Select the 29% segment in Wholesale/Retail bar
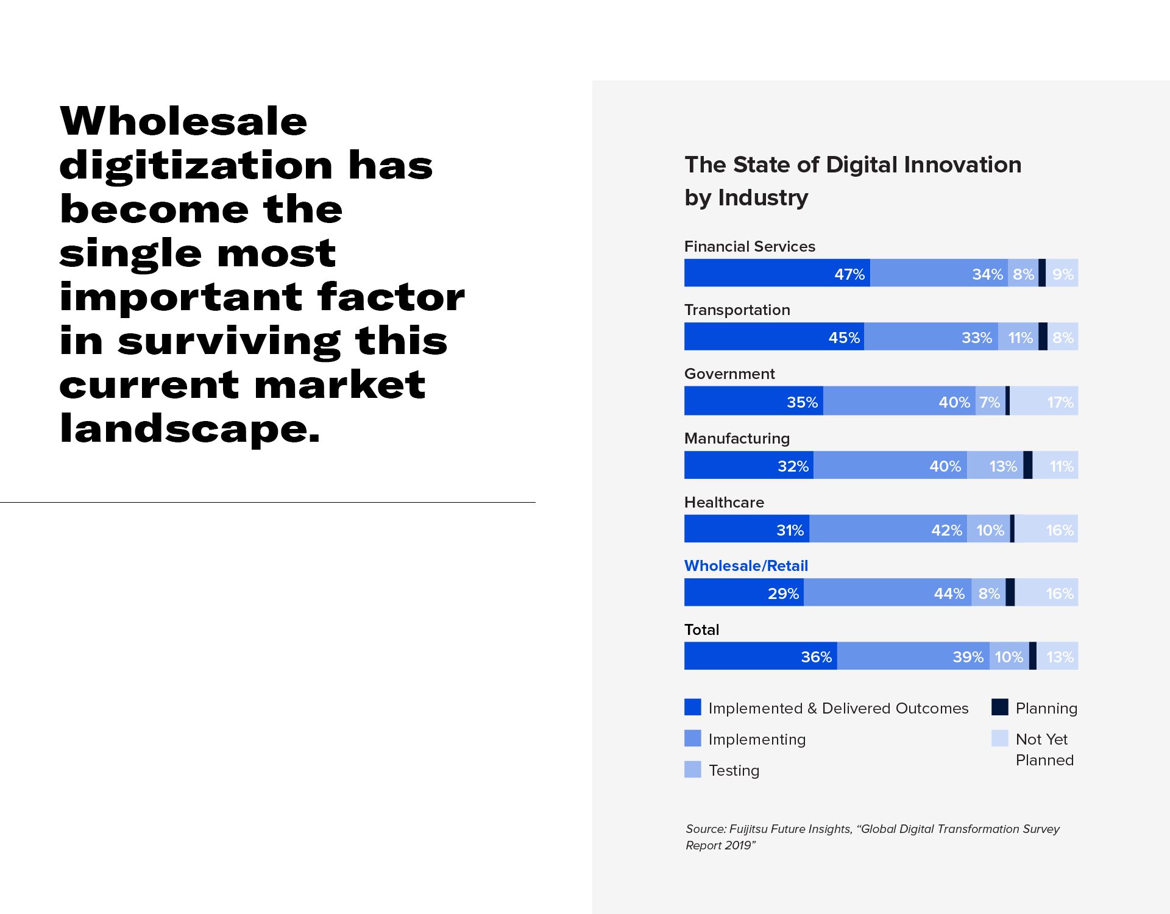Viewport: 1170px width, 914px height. [x=743, y=592]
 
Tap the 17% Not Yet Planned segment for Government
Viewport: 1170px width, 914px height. [x=1044, y=401]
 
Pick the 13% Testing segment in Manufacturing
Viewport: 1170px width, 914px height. [x=994, y=466]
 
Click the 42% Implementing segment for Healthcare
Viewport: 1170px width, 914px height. [x=888, y=529]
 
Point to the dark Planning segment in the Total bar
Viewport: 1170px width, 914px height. [x=1032, y=656]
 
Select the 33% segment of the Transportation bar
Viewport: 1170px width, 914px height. [x=931, y=336]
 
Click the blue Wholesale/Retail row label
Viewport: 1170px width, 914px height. [x=746, y=565]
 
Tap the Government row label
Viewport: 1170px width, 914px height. [x=729, y=374]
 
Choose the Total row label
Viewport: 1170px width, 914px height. [x=701, y=629]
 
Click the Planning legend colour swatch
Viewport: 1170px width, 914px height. [x=999, y=707]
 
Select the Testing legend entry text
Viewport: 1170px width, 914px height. [x=734, y=770]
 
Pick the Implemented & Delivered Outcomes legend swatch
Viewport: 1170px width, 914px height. [x=693, y=707]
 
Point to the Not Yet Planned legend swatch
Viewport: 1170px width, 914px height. [x=999, y=738]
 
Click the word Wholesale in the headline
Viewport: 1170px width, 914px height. [x=183, y=121]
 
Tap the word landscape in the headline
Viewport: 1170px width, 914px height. [x=190, y=428]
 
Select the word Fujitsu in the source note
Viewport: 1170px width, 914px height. [x=748, y=829]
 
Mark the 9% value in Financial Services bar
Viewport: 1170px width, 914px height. [x=1063, y=274]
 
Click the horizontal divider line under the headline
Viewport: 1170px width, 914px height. [x=268, y=502]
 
